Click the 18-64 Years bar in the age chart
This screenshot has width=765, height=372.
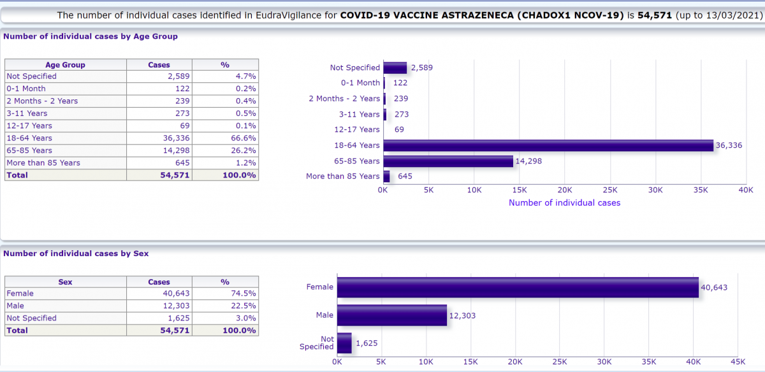pyautogui.click(x=548, y=145)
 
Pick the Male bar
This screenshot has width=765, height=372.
pyautogui.click(x=392, y=315)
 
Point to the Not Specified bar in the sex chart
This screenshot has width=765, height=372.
pyautogui.click(x=344, y=343)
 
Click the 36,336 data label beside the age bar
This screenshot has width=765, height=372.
pyautogui.click(x=729, y=146)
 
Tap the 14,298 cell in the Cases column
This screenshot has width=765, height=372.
pyautogui.click(x=159, y=150)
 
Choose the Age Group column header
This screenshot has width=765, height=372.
pyautogui.click(x=65, y=64)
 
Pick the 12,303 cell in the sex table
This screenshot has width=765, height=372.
pyautogui.click(x=159, y=306)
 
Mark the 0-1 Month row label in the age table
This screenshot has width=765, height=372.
pyautogui.click(x=26, y=89)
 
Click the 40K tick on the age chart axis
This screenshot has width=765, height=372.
pyautogui.click(x=746, y=190)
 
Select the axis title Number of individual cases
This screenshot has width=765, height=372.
pyautogui.click(x=564, y=203)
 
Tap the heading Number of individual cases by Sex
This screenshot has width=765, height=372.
pyautogui.click(x=76, y=254)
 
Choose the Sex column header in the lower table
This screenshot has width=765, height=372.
pyautogui.click(x=65, y=282)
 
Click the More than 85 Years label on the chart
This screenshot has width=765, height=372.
pyautogui.click(x=342, y=176)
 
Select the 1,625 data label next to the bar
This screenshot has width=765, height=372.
pyautogui.click(x=367, y=343)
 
